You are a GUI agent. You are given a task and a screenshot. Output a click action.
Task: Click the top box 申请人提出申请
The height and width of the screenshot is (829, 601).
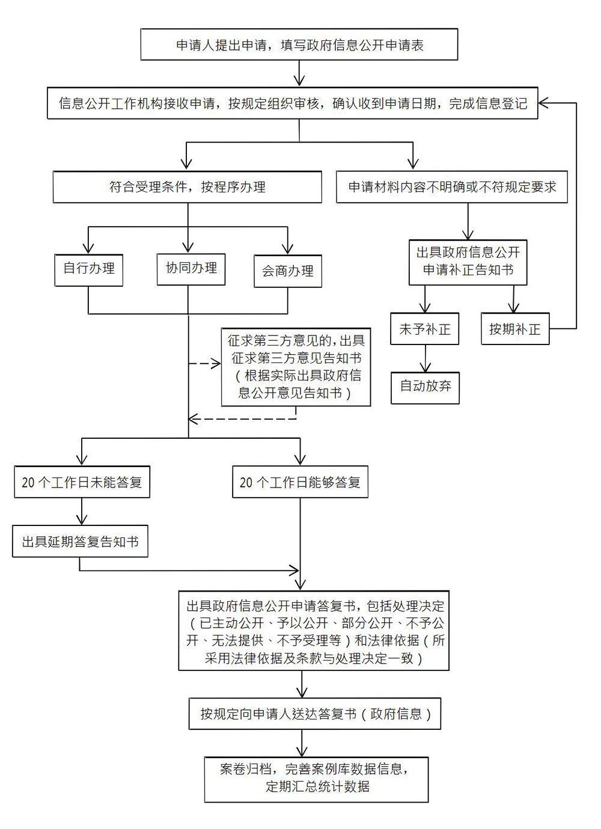299,45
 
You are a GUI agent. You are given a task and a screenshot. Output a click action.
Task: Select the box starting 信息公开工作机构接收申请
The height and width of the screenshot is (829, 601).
292,103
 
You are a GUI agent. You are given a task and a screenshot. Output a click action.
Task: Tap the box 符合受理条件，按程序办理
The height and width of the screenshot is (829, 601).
187,187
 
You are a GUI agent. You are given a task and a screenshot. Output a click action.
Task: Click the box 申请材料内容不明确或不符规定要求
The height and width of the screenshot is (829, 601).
451,187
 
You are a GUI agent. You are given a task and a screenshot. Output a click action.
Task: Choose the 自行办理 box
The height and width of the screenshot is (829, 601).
88,268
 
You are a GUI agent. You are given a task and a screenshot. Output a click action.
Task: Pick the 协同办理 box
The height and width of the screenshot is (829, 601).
191,268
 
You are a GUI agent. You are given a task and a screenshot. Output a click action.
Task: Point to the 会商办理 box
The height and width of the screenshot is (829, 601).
287,271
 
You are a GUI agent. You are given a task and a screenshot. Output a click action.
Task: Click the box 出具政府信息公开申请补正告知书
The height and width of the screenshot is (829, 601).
468,262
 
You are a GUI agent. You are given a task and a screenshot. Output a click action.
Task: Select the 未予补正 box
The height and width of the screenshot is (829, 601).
424,329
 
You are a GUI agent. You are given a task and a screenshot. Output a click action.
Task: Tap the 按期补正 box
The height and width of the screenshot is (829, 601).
515,329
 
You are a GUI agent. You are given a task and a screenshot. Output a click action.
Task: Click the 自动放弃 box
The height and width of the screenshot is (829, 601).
425,387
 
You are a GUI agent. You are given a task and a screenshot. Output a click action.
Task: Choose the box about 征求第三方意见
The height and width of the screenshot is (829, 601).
296,367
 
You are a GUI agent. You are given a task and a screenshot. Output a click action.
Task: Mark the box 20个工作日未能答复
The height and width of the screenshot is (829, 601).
82,482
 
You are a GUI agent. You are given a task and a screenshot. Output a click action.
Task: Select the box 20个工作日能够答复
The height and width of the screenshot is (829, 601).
300,482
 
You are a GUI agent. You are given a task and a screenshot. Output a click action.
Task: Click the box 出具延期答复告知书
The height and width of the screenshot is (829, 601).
80,542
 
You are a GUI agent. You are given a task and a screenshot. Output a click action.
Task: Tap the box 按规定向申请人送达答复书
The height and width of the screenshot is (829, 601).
315,714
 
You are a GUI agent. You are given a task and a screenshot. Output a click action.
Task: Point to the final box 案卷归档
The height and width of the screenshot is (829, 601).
316,779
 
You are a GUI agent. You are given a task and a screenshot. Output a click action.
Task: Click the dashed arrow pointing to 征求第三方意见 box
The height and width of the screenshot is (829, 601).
205,364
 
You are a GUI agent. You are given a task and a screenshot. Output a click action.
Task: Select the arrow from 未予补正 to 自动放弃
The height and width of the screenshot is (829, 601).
426,359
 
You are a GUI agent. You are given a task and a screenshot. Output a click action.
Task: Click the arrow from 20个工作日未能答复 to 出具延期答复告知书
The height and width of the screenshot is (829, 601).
82,512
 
